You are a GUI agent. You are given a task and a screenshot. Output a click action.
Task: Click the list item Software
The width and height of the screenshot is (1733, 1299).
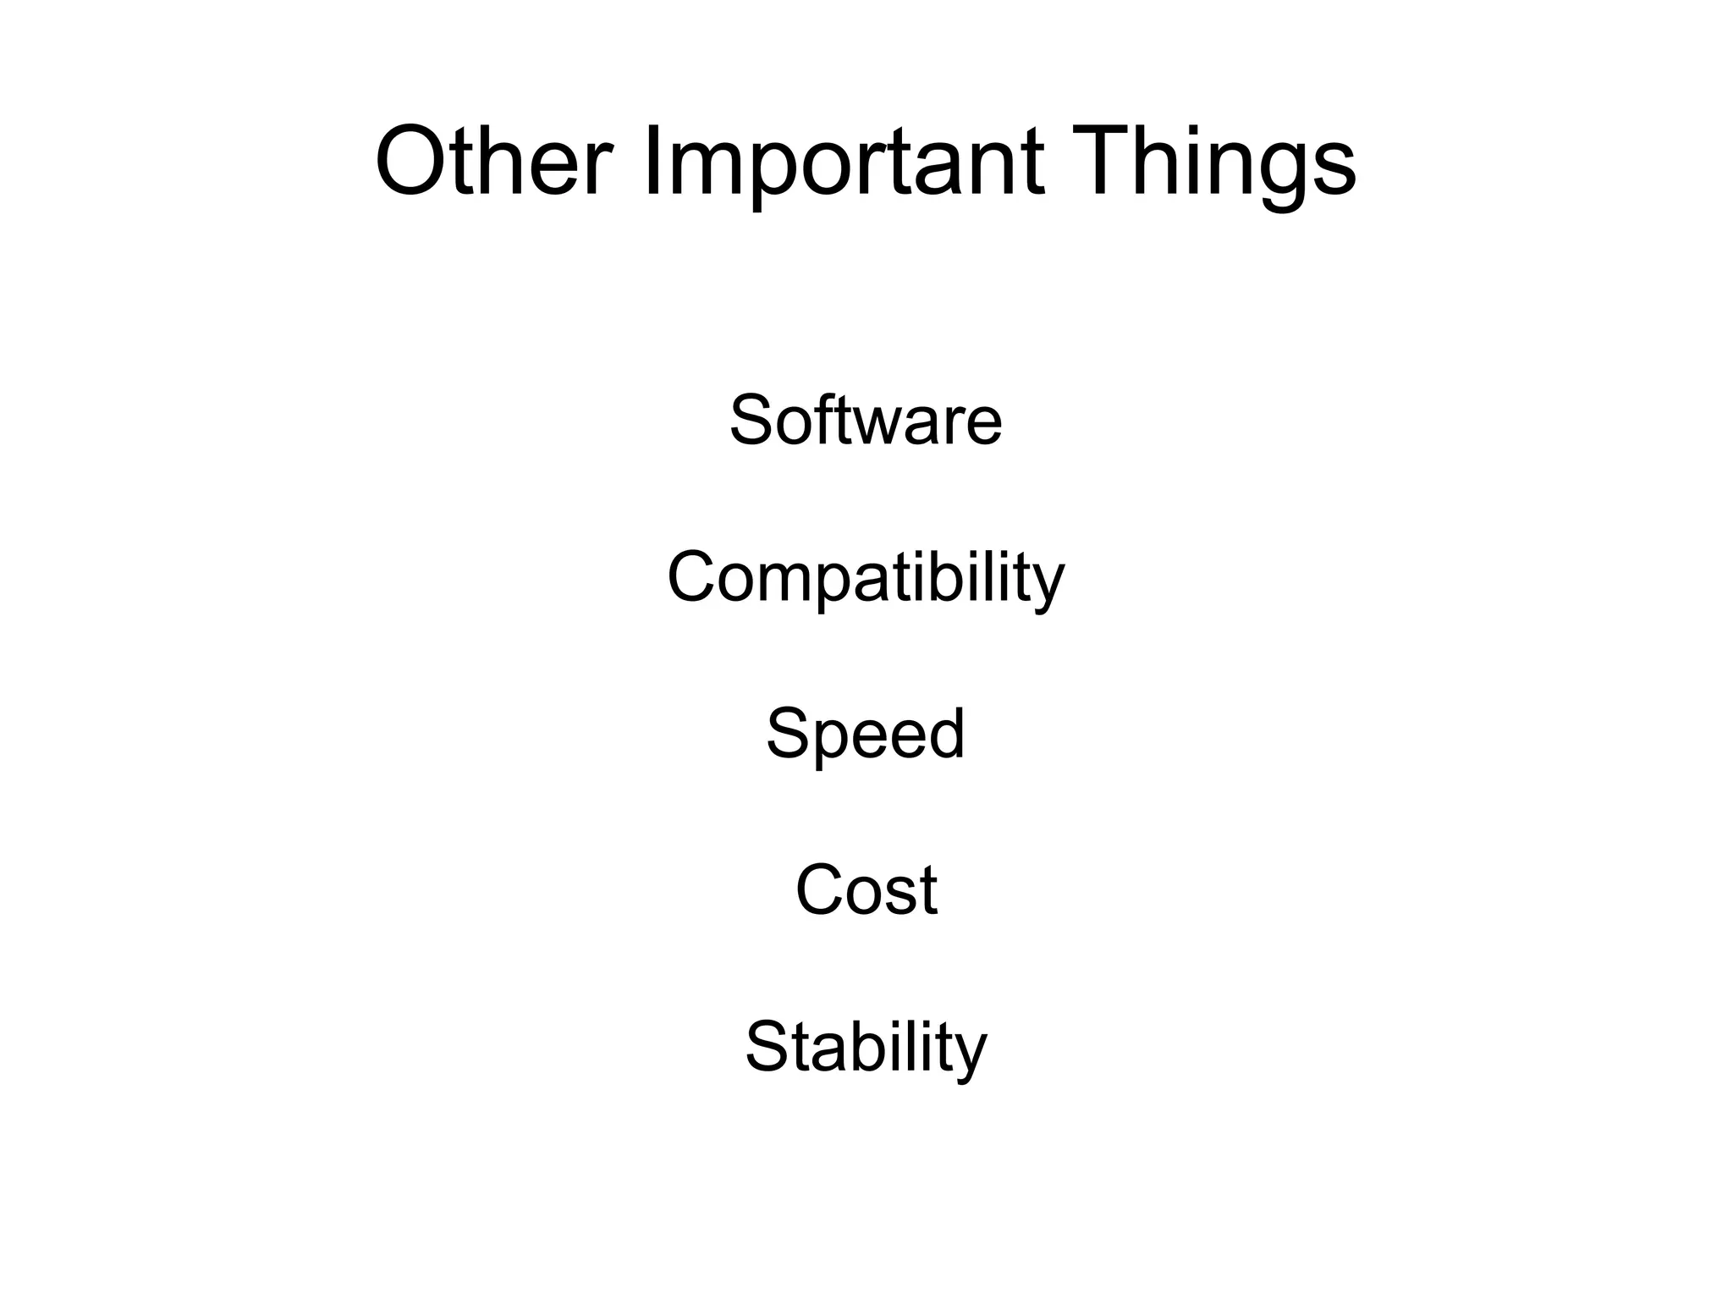click(866, 420)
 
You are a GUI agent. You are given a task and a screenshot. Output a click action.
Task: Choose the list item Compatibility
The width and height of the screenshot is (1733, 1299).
click(866, 578)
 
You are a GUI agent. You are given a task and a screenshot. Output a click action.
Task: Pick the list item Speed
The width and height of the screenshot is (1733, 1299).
click(866, 735)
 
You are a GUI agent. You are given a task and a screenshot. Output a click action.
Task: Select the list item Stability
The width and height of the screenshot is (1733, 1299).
click(866, 1048)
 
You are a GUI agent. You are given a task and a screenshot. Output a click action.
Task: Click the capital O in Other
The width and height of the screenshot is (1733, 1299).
click(411, 161)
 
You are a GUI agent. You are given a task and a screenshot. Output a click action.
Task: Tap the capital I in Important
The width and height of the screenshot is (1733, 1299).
click(652, 161)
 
